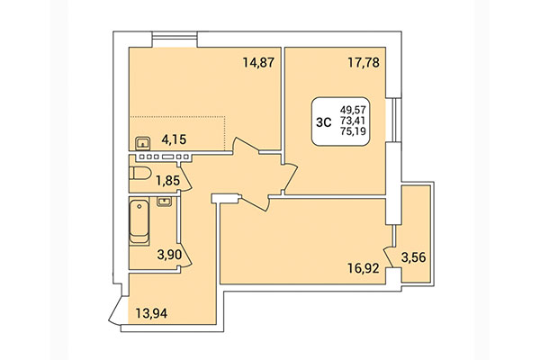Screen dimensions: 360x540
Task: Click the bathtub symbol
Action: (x=140, y=221)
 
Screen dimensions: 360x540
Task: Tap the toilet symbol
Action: (x=141, y=172)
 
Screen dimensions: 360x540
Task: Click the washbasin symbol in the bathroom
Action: (x=165, y=201)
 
